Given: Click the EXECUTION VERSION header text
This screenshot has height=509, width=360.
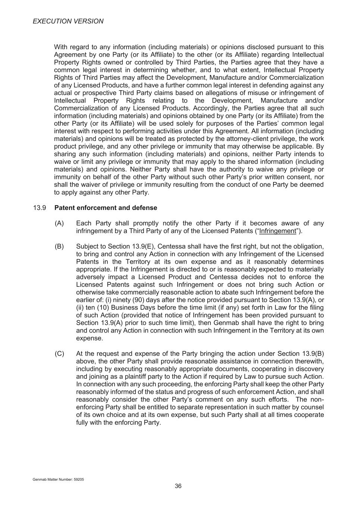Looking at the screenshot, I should [68, 21].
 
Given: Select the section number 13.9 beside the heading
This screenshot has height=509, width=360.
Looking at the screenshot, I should [39, 208].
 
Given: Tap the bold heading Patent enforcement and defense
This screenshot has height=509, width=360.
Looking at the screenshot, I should [106, 208].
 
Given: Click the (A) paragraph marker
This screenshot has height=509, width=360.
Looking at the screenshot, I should [59, 223].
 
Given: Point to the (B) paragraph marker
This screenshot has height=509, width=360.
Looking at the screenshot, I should [59, 246].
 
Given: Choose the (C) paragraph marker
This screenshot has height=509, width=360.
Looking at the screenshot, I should [59, 354].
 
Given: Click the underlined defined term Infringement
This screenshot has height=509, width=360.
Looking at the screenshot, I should [278, 231].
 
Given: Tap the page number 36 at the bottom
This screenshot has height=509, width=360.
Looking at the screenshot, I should [178, 486].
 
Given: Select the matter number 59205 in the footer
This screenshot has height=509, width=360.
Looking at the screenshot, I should [79, 480].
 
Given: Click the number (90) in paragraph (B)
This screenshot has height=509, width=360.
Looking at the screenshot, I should [139, 300].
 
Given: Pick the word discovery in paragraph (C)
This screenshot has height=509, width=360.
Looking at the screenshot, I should [308, 369].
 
